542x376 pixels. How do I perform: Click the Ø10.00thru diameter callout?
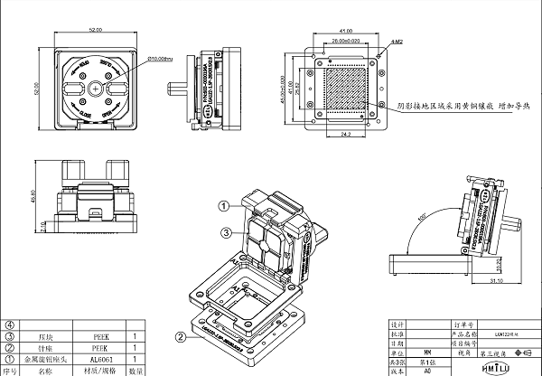pyautogui.click(x=165, y=58)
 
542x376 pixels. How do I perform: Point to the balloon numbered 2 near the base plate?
pyautogui.click(x=181, y=338)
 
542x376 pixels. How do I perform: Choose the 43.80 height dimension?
pyautogui.click(x=33, y=196)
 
